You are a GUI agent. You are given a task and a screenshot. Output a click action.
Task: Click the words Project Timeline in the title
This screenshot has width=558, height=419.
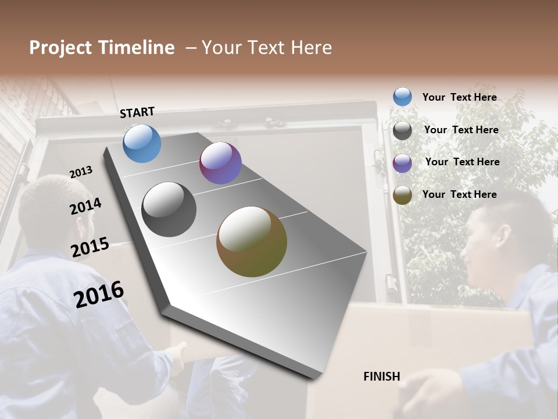click(x=102, y=48)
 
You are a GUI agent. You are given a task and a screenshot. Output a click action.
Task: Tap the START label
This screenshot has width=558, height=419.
click(x=137, y=112)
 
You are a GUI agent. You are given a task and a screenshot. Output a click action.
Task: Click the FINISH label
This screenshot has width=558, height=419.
click(x=382, y=377)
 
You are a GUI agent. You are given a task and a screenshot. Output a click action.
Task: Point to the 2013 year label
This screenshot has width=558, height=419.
click(x=81, y=172)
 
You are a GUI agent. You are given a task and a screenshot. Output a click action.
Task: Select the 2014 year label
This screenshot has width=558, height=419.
click(x=86, y=206)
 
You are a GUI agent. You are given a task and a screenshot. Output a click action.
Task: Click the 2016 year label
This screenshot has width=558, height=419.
click(x=99, y=294)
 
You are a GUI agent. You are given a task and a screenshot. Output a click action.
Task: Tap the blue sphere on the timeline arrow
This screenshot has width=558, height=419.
click(x=142, y=143)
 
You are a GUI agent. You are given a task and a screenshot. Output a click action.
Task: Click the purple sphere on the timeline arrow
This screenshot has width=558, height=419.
click(x=220, y=163)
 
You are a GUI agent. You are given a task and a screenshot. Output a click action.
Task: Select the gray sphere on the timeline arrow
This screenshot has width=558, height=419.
click(x=169, y=210)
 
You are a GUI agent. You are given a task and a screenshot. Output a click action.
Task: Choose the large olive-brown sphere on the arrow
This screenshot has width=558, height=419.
click(x=252, y=242)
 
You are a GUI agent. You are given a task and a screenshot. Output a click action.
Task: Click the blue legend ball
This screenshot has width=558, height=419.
click(x=402, y=97)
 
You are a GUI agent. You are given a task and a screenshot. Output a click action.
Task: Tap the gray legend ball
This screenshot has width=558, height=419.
click(x=402, y=130)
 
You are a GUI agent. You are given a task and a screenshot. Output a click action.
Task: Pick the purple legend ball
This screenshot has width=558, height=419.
click(x=402, y=163)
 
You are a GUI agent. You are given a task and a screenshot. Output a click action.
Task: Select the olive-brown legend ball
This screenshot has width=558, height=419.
click(x=402, y=195)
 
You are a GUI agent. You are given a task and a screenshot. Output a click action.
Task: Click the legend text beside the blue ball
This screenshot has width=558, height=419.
click(x=459, y=97)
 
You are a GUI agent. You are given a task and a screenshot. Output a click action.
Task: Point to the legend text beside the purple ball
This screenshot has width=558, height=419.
click(x=462, y=162)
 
